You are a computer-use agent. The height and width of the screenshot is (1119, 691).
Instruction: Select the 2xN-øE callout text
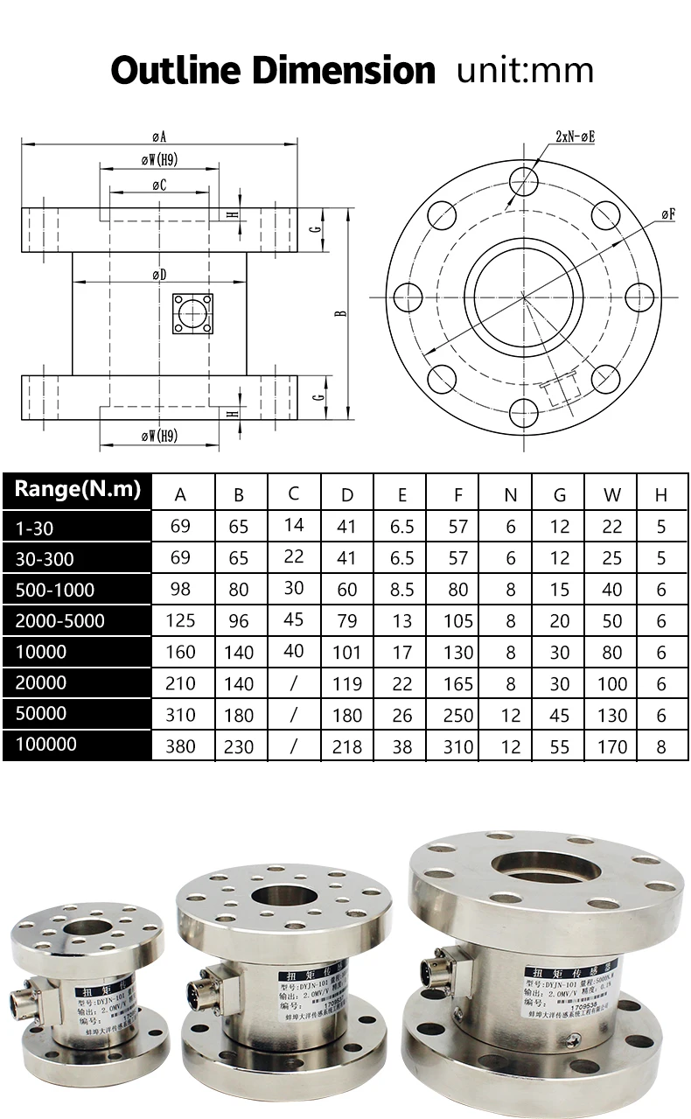[575, 136]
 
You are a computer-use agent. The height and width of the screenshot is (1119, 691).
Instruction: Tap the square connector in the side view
[192, 313]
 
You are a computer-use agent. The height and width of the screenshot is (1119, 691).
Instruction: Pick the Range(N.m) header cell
[77, 490]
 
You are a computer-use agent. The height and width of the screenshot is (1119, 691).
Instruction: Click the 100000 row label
[46, 745]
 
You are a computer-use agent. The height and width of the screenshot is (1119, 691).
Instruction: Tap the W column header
[612, 495]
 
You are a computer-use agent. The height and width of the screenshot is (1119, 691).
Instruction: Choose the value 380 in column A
[180, 746]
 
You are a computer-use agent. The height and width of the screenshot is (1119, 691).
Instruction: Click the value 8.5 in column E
[401, 590]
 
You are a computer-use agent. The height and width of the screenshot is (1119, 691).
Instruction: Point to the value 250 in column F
[457, 715]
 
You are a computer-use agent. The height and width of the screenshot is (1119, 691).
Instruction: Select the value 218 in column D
[347, 746]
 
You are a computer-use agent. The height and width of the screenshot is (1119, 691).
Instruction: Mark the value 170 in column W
[612, 746]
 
